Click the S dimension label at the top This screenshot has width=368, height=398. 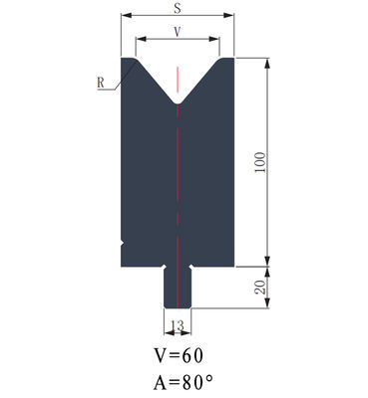(178, 8)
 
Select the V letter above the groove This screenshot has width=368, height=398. (178, 32)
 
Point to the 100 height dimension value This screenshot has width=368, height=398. (260, 162)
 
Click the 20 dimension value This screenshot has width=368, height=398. (260, 289)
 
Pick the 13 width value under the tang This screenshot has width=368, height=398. (178, 325)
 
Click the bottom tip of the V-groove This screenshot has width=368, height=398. (178, 104)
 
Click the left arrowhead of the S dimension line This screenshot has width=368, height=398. (124, 17)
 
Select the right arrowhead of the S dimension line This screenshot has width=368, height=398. (231, 17)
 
